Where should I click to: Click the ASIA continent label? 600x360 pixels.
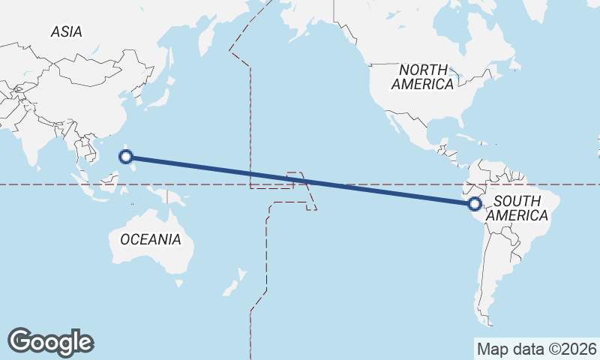point(67,31)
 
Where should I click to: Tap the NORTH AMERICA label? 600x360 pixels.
point(422,76)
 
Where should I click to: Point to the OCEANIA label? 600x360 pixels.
point(150,239)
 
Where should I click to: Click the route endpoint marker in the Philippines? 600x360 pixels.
point(127,157)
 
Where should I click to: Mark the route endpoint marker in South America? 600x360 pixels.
point(474,203)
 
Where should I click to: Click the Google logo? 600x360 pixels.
point(50,341)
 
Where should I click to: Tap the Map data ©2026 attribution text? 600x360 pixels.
point(536,349)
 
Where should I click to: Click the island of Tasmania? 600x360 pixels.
point(178,283)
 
